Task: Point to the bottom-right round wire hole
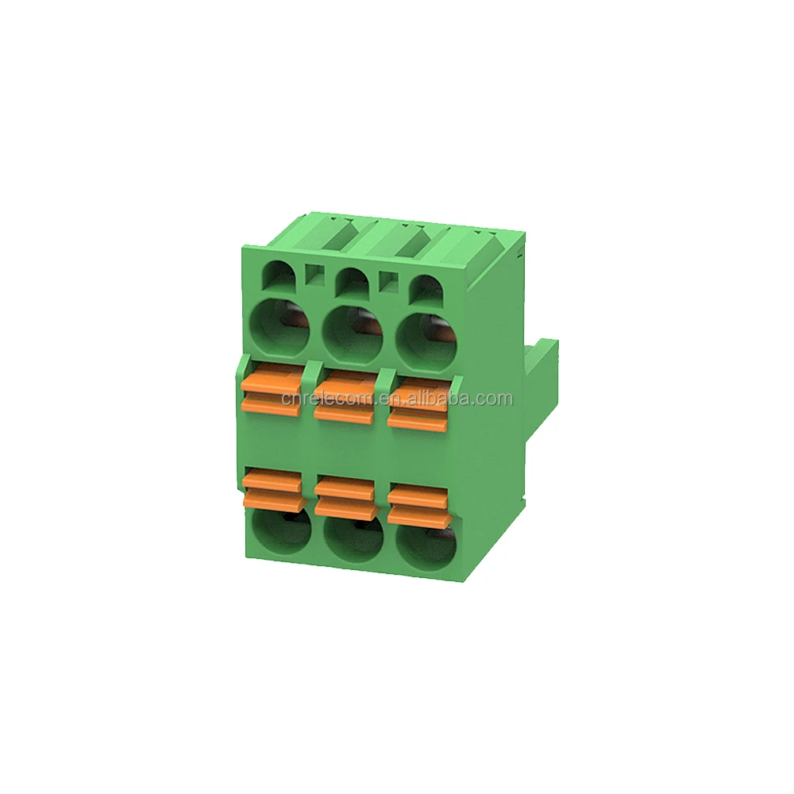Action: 424,542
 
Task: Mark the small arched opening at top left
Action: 278,275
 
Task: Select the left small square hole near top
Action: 314,275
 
